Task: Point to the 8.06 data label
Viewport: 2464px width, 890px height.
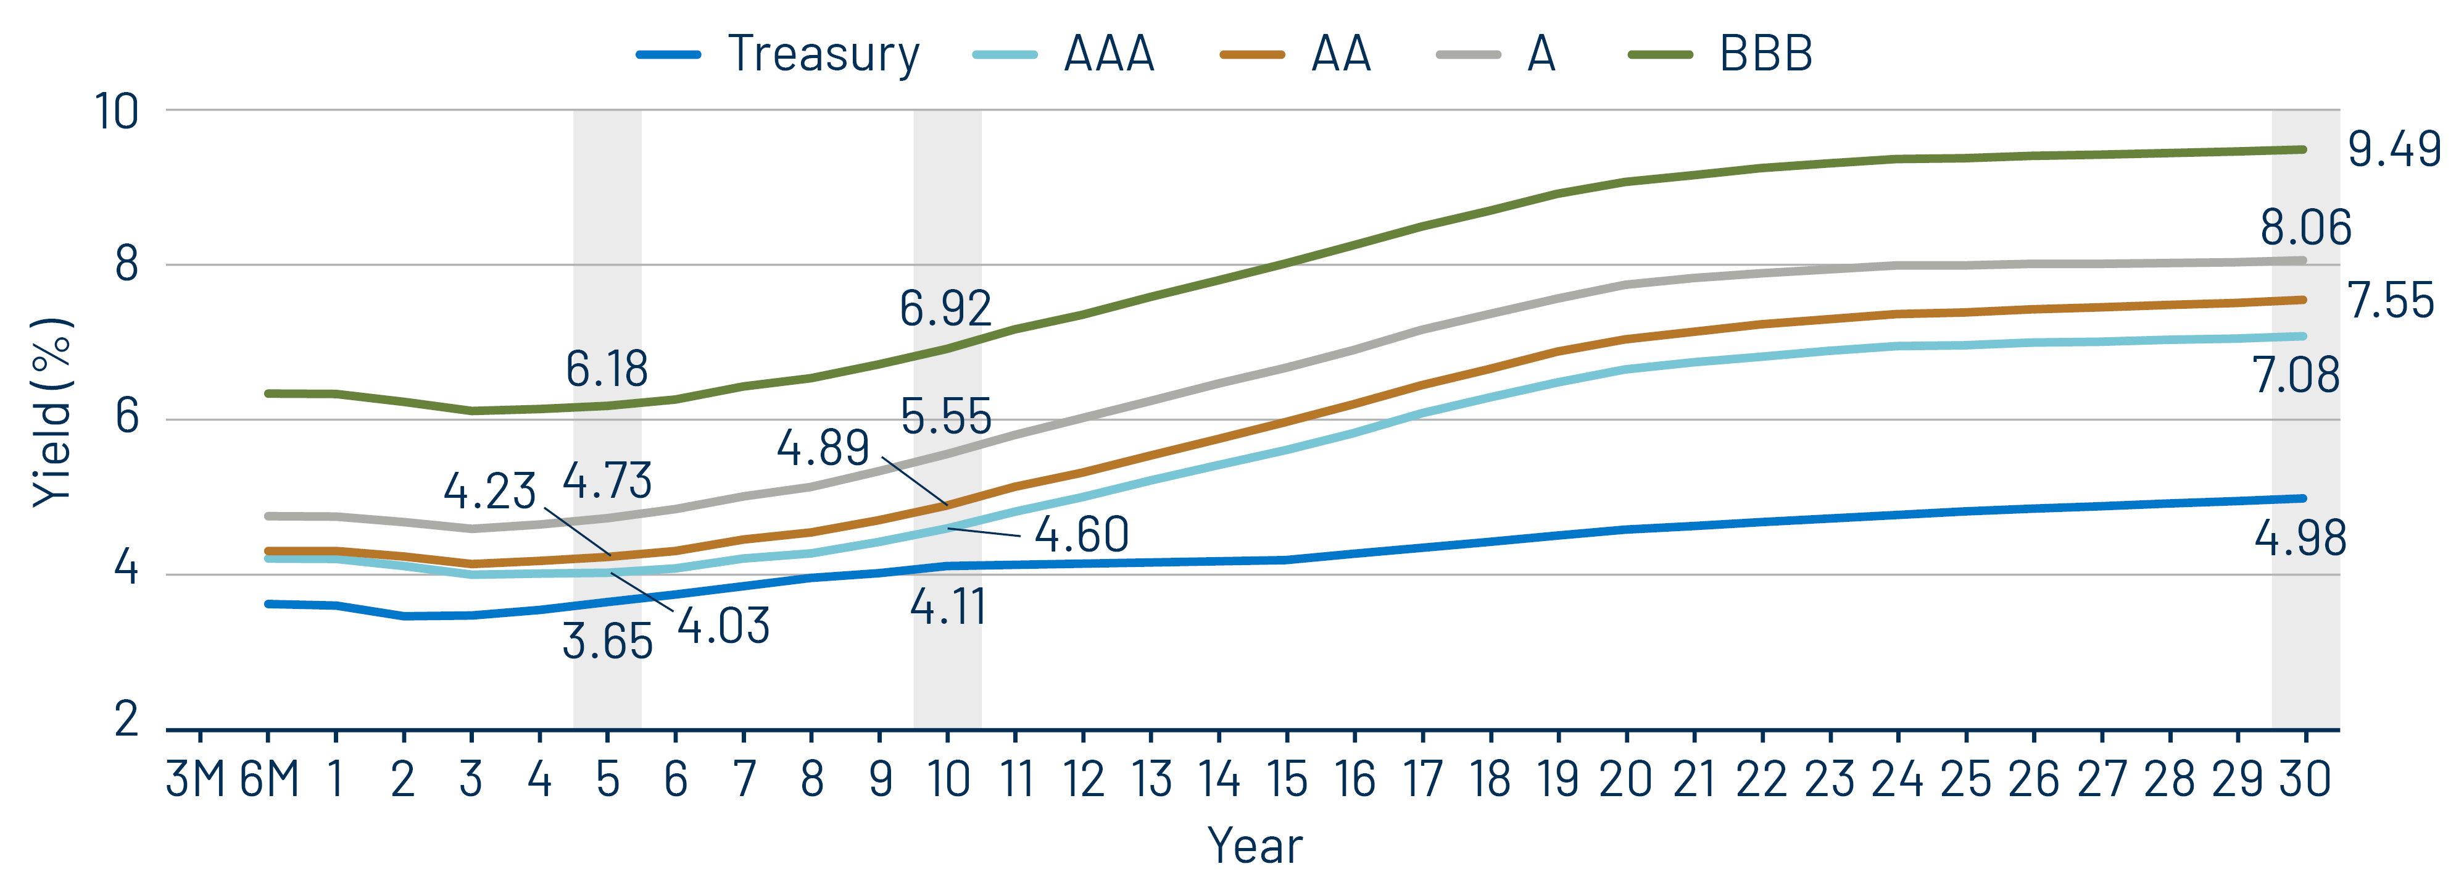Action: [x=2305, y=228]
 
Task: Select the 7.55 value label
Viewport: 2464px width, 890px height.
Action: [x=2391, y=301]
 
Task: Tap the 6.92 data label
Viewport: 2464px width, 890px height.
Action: [x=945, y=308]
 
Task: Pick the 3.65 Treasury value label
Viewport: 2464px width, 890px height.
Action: [x=607, y=641]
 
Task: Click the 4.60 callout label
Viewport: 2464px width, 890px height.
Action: [x=1082, y=534]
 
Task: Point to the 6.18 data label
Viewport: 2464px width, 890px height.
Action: [x=607, y=369]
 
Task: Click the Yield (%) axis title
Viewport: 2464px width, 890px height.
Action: [x=52, y=411]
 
